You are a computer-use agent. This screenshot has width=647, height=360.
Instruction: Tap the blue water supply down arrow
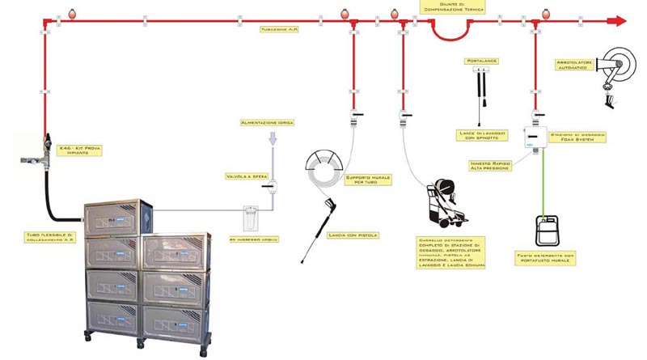pyautogui.click(x=272, y=138)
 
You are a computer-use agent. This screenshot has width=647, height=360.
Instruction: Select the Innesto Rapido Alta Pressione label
pyautogui.click(x=489, y=165)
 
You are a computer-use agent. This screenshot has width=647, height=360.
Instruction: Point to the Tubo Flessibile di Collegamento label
pyautogui.click(x=49, y=239)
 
